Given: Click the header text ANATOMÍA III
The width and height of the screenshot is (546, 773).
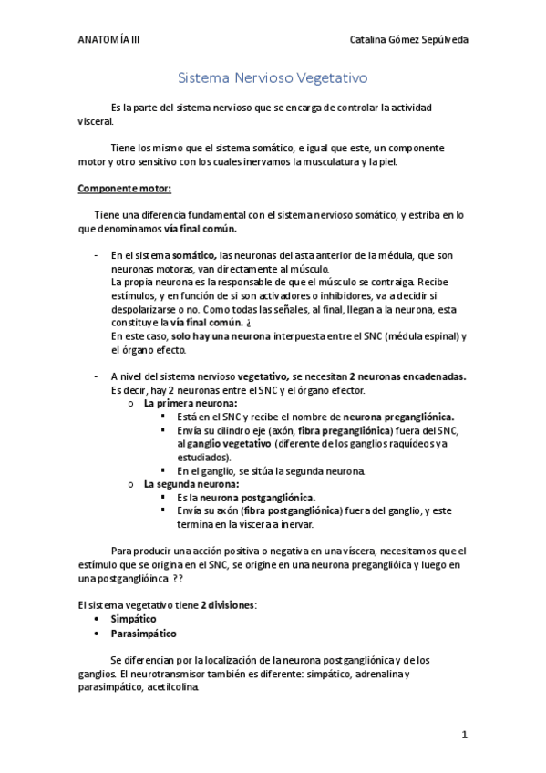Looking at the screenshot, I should tap(108, 40).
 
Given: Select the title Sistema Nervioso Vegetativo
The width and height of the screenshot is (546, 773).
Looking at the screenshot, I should tap(272, 79).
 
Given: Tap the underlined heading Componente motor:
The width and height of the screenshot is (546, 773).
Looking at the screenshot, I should tap(124, 189).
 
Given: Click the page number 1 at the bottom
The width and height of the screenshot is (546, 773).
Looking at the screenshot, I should tap(464, 734).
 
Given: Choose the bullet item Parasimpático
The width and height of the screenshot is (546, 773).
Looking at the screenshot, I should tap(143, 633).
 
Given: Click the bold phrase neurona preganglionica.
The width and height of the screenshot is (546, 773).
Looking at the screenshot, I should tap(398, 416).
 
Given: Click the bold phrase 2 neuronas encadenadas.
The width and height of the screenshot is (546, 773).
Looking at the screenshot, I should tap(407, 376).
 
